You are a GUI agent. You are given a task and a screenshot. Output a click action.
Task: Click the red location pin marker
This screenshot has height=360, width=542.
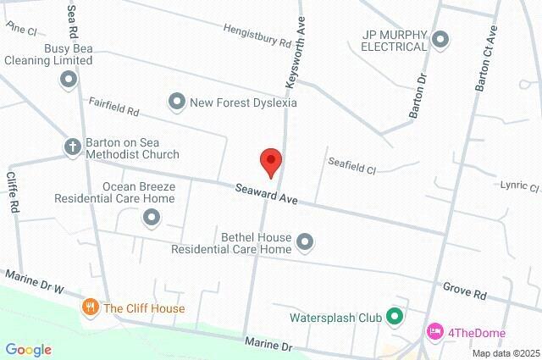click(x=270, y=162)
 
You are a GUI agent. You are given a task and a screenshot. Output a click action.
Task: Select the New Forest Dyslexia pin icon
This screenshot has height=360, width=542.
click(x=177, y=102)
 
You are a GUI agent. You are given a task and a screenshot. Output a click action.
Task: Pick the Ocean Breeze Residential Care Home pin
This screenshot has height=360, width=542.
click(x=152, y=219)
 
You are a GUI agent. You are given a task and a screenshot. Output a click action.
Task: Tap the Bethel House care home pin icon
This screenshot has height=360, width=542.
click(x=306, y=244)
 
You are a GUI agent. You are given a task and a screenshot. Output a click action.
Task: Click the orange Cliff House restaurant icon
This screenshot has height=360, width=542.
click(x=91, y=308)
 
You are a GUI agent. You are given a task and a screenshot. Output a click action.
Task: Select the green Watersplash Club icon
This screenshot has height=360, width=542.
click(x=394, y=318)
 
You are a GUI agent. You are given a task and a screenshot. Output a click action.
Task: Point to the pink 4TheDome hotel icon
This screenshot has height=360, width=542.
click(x=435, y=330)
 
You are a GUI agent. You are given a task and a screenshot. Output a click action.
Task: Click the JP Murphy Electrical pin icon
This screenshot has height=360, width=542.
click(x=440, y=39)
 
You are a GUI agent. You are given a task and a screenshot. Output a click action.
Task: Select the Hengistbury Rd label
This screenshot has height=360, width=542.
click(x=257, y=35)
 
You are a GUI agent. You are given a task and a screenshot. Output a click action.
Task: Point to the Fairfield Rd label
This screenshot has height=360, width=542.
click(x=113, y=106)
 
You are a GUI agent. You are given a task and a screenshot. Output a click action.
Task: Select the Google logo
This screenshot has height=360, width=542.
click(x=29, y=350)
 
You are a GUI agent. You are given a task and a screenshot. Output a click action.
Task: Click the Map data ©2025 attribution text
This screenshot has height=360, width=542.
click(x=506, y=353)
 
